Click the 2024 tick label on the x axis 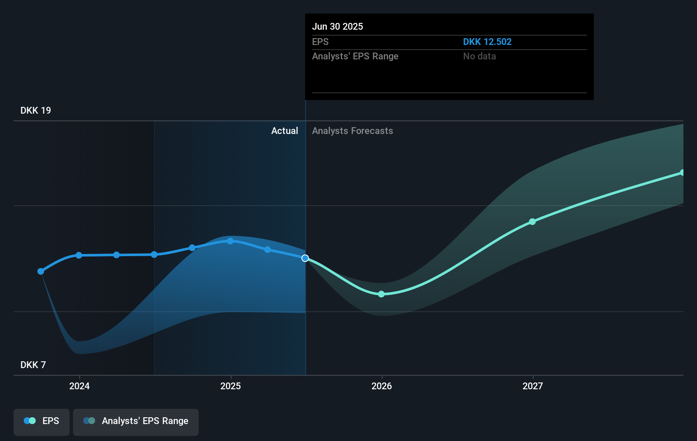pos(79,386)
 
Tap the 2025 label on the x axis pos(230,386)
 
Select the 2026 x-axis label pos(382,386)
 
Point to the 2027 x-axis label pos(533,386)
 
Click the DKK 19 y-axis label pos(36,111)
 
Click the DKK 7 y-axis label pos(33,365)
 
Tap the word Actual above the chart pos(284,131)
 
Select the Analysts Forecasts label pos(352,131)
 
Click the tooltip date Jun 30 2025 pos(337,26)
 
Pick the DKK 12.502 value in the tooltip pos(487,42)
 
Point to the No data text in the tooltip pos(479,56)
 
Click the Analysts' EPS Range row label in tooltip pos(355,56)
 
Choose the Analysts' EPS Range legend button pos(136,421)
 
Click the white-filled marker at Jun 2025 pos(305,258)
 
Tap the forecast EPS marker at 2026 pos(381,294)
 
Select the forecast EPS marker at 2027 pos(532,222)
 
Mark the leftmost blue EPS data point pos(41,271)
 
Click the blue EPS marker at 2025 pos(230,241)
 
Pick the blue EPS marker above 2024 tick pos(79,255)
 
